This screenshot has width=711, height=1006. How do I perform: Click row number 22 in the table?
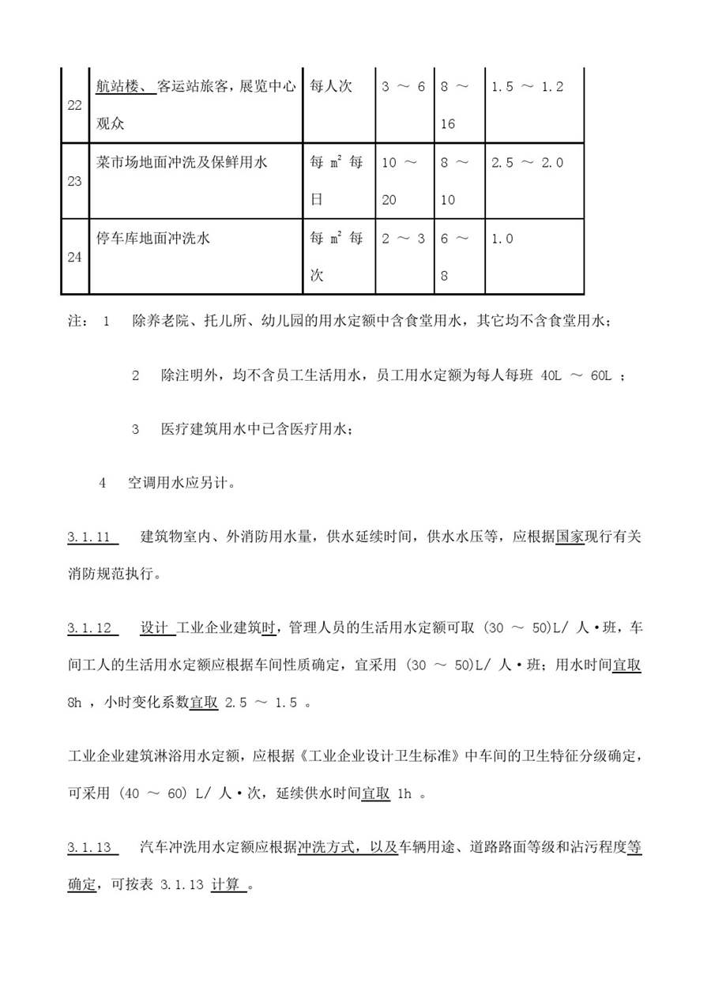point(74,105)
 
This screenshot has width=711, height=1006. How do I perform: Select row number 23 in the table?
point(74,181)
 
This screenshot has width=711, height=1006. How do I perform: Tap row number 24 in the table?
point(74,257)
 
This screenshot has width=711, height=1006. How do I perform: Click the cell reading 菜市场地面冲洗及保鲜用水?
point(182,163)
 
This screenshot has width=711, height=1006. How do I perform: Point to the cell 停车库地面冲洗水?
point(152,239)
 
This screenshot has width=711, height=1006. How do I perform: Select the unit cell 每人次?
point(331,87)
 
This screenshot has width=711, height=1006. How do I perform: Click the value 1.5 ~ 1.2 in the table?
point(527,87)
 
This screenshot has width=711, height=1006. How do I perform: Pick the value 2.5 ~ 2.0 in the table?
point(527,163)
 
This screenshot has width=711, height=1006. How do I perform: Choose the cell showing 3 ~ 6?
point(403,87)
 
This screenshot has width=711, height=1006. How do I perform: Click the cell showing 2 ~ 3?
point(403,239)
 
